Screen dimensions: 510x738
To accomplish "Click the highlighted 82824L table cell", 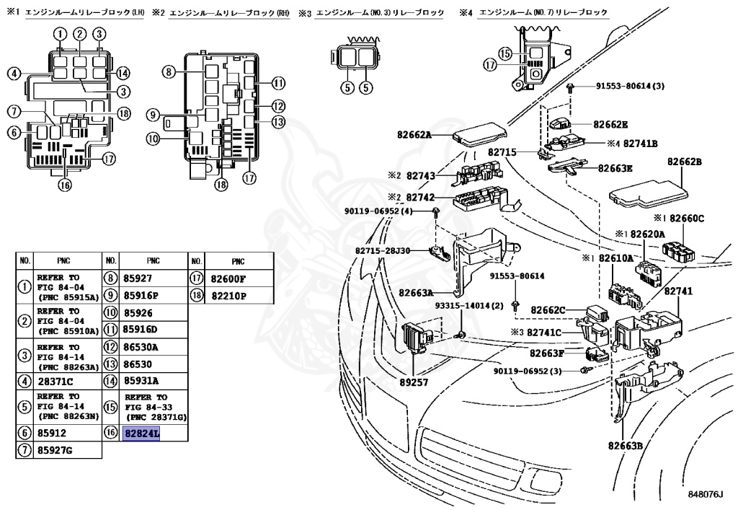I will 143,433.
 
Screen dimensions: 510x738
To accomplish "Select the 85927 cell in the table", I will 137,277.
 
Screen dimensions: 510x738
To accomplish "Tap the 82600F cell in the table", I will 228,277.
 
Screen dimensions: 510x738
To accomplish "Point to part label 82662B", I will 684,162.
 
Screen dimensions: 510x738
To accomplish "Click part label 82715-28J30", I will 382,250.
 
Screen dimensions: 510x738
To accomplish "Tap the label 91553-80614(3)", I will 629,86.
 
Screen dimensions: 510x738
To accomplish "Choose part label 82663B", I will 624,445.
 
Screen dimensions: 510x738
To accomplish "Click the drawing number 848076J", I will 704,494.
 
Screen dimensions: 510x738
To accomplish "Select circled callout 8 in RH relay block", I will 168,71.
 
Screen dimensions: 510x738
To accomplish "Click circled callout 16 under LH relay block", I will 65,184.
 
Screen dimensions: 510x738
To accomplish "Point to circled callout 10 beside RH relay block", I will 152,138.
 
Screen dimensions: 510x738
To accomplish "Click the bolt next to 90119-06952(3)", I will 587,369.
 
